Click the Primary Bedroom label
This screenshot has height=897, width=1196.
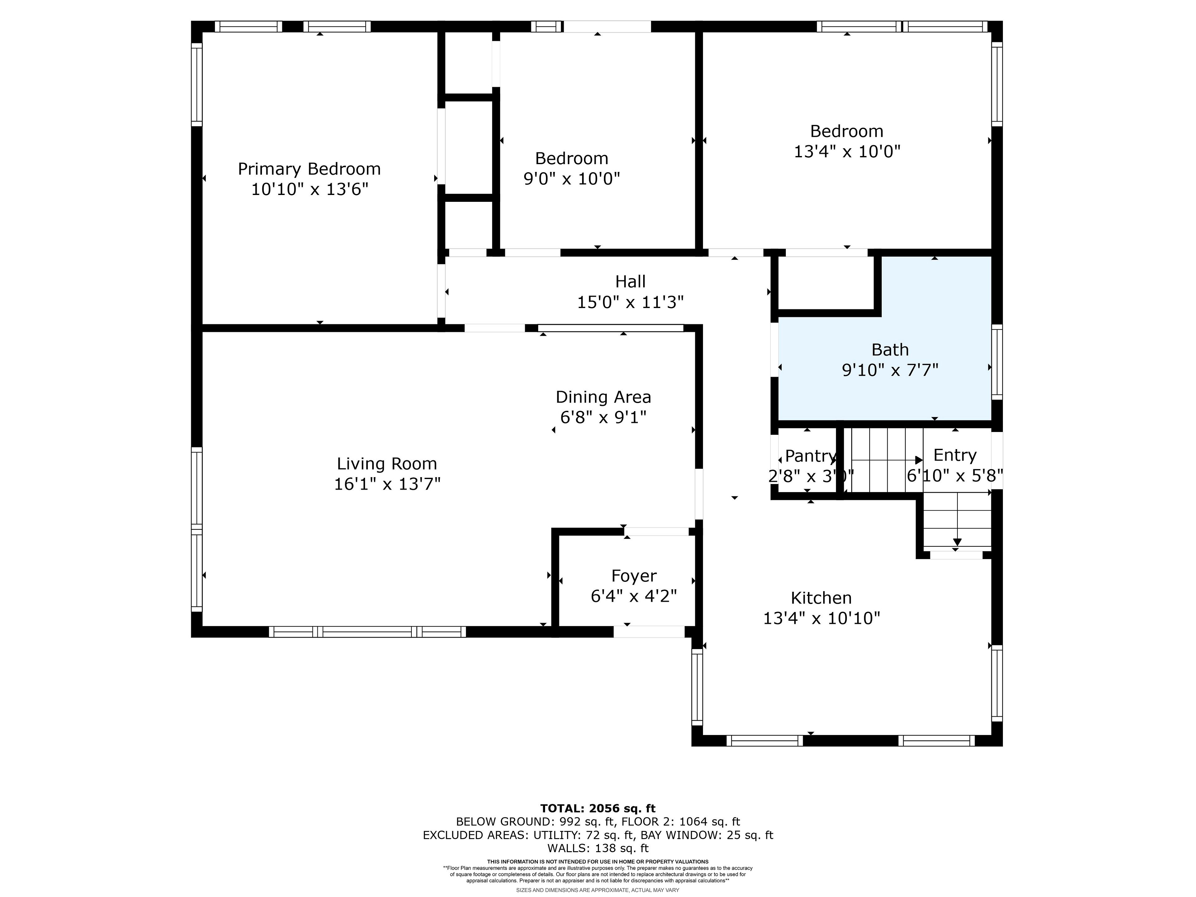309,169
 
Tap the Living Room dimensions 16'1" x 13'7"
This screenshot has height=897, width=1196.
387,484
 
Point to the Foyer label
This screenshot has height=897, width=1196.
634,576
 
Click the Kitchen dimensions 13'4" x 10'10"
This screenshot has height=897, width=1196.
821,618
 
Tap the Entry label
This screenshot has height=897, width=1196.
955,455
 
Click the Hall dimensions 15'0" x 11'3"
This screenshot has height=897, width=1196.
630,302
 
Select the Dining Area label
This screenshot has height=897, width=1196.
603,397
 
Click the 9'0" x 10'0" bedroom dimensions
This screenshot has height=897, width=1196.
572,178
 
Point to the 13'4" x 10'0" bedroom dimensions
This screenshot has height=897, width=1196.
847,151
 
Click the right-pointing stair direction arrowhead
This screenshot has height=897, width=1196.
918,460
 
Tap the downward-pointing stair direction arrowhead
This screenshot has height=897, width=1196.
957,542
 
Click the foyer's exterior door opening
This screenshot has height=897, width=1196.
649,632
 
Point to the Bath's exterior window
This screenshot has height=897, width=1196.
997,362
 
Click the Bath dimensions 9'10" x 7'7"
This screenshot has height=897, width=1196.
890,370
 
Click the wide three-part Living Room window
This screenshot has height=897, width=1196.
368,632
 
